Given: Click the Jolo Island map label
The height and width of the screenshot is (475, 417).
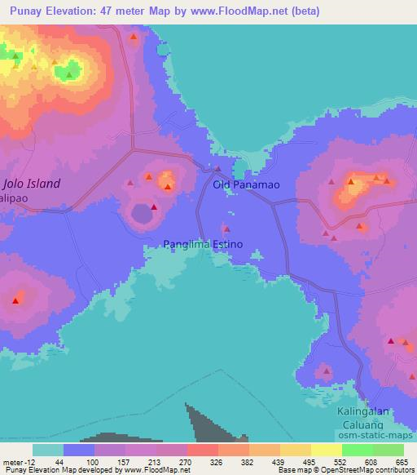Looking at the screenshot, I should point(32,184).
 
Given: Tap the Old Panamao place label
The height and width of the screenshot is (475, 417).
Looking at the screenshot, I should point(246,185).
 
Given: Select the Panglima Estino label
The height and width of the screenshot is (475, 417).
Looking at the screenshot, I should point(203,244).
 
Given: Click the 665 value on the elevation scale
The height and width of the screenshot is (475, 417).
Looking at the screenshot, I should point(402,462).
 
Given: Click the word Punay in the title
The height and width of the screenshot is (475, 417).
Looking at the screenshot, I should point(25,11).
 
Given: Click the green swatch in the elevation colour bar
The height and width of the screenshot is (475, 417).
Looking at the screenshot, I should point(357,450).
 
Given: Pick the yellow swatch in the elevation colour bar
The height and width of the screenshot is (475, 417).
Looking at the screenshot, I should point(295,450).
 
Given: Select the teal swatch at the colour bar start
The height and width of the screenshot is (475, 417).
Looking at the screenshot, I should point(48,450).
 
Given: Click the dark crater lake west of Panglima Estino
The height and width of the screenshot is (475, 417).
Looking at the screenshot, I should point(143,215).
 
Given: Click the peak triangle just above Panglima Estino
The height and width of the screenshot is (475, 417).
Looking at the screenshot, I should point(226,229).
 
